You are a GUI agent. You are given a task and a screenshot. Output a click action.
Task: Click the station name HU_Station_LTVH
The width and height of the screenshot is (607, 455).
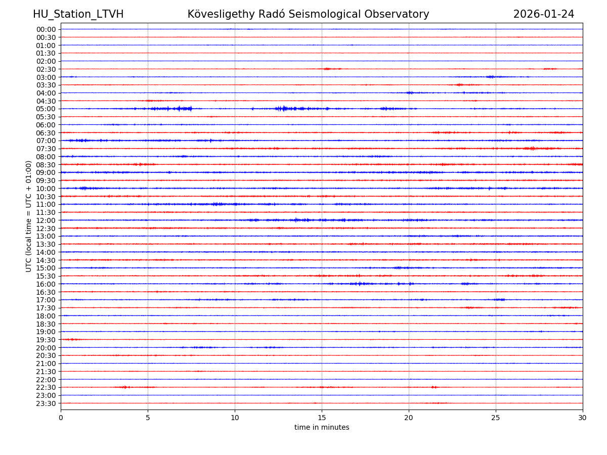pyautogui.click(x=78, y=15)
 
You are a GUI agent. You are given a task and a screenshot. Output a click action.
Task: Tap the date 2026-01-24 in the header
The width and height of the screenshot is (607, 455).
pyautogui.click(x=544, y=15)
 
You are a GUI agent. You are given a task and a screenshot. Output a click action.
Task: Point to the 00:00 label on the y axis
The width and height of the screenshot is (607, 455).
pyautogui.click(x=46, y=29)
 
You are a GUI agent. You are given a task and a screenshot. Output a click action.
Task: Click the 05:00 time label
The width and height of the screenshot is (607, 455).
pyautogui.click(x=46, y=109)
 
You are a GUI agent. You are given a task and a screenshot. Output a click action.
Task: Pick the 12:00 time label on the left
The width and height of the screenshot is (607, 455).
pyautogui.click(x=46, y=220)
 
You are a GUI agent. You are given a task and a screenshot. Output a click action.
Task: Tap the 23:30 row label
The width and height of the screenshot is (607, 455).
pyautogui.click(x=46, y=403)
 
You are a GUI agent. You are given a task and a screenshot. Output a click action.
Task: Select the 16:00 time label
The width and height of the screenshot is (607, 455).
pyautogui.click(x=46, y=284)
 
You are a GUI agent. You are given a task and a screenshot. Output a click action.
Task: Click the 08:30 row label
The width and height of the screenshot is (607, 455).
pyautogui.click(x=46, y=165)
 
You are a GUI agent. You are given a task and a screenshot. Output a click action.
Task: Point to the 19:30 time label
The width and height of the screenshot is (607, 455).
pyautogui.click(x=46, y=340)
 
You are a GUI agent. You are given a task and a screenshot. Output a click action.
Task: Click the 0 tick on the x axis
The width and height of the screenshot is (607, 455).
pyautogui.click(x=61, y=418)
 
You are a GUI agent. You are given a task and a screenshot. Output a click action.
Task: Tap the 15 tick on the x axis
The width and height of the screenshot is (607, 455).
pyautogui.click(x=322, y=418)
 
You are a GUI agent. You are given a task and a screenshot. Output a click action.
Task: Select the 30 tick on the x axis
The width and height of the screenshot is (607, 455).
pyautogui.click(x=583, y=418)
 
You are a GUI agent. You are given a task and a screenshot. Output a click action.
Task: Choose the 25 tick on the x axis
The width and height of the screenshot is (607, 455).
pyautogui.click(x=496, y=418)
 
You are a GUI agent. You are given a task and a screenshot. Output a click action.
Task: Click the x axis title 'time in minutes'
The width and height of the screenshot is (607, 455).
pyautogui.click(x=322, y=428)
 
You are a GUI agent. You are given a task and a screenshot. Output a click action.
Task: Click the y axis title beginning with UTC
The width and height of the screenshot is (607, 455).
pyautogui.click(x=29, y=216)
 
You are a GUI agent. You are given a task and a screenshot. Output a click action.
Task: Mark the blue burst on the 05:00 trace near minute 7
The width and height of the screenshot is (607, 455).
pyautogui.click(x=182, y=109)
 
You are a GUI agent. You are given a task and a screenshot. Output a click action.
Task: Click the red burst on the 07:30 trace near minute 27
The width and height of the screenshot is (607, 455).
pyautogui.click(x=531, y=149)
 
